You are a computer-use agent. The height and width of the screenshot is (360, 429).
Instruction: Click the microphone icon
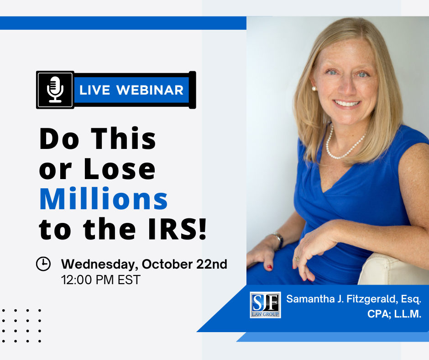pos(55,90)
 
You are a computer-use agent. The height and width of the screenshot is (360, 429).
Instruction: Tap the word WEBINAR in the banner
pos(150,90)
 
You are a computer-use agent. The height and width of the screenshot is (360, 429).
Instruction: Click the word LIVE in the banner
pos(94,90)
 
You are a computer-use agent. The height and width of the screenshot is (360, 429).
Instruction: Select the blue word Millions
pos(104,199)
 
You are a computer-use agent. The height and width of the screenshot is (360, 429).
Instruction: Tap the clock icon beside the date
pos(43,264)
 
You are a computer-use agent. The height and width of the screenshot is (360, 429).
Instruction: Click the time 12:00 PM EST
pos(101,280)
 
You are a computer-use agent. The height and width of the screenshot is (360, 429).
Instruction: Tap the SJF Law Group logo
pos(266,305)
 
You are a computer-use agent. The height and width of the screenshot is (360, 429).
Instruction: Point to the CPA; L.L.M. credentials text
pos(394,314)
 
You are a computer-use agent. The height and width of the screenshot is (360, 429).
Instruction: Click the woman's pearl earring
pos(314,89)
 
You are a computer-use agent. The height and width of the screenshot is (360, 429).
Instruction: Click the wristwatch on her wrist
pos(278,239)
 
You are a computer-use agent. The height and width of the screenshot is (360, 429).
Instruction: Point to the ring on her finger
pos(297,259)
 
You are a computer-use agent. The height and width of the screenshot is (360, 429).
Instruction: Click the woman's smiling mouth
pos(347,104)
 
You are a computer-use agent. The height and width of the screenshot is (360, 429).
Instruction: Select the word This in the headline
pos(123,138)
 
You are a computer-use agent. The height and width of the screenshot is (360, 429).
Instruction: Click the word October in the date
pos(167,264)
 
